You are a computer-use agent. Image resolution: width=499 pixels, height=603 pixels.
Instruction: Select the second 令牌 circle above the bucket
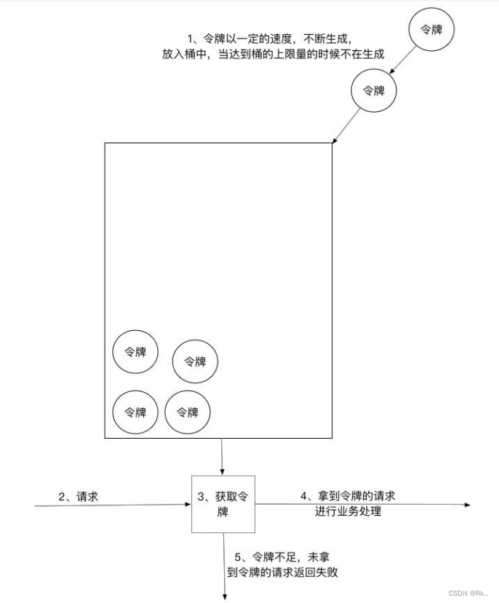pos(373,91)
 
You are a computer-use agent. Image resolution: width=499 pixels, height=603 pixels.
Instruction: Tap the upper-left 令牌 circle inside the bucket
pos(135,352)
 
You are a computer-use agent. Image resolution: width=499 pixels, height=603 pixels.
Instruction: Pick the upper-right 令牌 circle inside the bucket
pos(195,361)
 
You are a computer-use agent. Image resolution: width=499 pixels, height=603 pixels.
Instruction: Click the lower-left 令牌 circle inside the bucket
pos(135,412)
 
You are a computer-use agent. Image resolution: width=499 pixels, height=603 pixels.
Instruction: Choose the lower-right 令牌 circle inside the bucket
pos(188,412)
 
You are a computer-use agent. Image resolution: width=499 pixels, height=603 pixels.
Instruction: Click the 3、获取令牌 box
pos(223,504)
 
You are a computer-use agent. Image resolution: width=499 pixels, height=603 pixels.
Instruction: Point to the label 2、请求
pos(78,496)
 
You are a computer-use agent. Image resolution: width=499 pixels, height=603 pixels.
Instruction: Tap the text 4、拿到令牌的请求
pos(348,496)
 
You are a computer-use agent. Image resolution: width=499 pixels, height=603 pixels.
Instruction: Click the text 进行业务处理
pos(348,511)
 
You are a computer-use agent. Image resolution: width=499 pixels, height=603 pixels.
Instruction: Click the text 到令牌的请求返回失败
pos(282,572)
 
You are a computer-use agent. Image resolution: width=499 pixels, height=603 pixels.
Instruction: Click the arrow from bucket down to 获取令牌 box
pos(222,456)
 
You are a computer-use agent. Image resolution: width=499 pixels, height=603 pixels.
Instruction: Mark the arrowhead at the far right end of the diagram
pos(467,504)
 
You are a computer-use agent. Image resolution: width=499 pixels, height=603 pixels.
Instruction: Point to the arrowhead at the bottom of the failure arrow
pos(224,596)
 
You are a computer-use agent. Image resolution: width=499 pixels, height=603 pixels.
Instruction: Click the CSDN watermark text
pos(469,593)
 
